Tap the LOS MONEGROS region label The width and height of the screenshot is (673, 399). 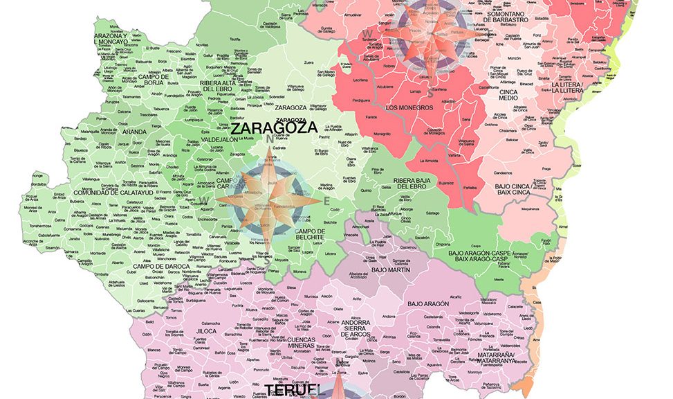tap(409, 107)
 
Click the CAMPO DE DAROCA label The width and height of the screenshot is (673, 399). tap(157, 266)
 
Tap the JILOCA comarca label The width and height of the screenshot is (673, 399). tap(206, 332)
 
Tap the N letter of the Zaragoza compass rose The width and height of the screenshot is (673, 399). tap(269, 139)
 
